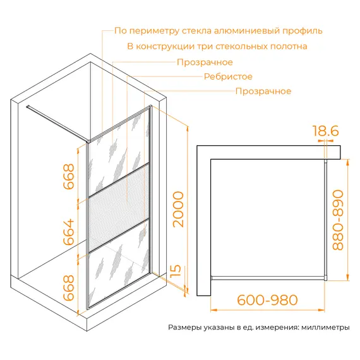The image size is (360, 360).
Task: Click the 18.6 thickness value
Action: pyautogui.click(x=325, y=131)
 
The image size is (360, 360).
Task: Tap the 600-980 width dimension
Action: pyautogui.click(x=268, y=299)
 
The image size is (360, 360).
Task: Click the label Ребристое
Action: pyautogui.click(x=227, y=76)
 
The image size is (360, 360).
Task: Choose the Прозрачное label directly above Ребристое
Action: pyautogui.click(x=205, y=62)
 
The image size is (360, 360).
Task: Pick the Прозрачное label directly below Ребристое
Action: pyautogui.click(x=263, y=91)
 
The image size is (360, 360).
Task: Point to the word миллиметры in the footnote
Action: pyautogui.click(x=325, y=328)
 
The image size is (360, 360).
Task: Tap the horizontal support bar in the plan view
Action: pyautogui.click(x=268, y=277)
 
